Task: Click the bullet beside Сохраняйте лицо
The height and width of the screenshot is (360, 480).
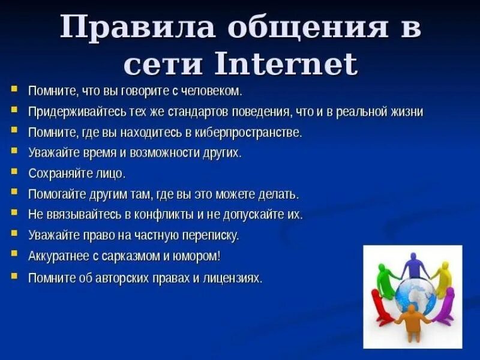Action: (x=14, y=172)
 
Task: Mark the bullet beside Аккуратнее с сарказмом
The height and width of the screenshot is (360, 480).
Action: (x=14, y=254)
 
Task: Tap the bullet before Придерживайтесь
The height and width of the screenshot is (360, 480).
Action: (x=14, y=110)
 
